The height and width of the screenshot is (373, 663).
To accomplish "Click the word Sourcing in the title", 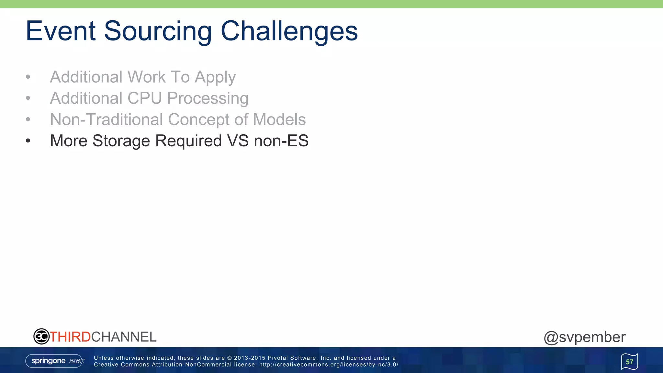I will (x=158, y=31).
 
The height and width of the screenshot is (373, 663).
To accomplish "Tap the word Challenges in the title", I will (x=289, y=31).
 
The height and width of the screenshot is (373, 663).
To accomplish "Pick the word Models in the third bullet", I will (x=279, y=119).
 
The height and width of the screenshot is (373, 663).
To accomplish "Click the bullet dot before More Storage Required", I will (x=28, y=141).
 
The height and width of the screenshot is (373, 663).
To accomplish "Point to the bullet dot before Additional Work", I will (x=28, y=77).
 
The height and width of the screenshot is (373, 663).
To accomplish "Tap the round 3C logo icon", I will (x=41, y=336).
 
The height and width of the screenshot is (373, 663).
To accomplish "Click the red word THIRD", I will (x=70, y=337).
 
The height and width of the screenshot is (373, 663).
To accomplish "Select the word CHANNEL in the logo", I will (x=124, y=337).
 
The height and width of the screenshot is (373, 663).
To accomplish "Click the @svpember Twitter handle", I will (x=584, y=337).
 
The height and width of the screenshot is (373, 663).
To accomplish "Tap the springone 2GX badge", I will (x=55, y=361).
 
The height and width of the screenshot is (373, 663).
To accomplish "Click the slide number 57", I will (x=629, y=362).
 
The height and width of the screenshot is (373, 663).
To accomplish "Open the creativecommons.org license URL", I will (x=329, y=365).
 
